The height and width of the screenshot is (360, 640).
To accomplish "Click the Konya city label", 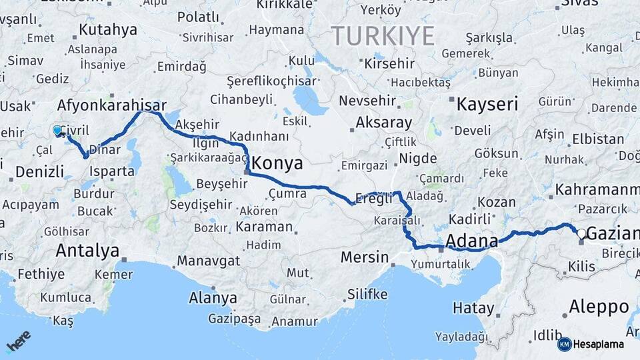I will pos(278,163).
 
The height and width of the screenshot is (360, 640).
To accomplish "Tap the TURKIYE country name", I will pos(383,35).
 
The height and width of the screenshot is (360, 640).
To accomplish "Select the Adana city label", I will pos(472,240).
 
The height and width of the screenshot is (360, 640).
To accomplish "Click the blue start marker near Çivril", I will pos(57,131).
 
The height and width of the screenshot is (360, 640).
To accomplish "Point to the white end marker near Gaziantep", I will pos(581,234).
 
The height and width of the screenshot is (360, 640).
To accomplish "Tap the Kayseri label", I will pos(487,103).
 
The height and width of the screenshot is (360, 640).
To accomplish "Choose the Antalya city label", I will pos(87,251).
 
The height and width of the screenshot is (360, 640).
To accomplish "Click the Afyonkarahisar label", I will pos(111,105).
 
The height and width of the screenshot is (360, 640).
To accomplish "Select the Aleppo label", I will pos(599,307).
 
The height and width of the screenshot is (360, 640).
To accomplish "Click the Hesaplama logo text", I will pos(599,345).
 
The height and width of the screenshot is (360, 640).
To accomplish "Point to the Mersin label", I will pos(364,257).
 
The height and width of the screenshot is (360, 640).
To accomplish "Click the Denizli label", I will pos(39,171).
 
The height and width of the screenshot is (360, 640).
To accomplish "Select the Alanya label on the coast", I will pos(213,297).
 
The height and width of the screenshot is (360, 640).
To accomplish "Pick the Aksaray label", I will pos(383,123).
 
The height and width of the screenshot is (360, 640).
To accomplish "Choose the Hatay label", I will pos(473,309).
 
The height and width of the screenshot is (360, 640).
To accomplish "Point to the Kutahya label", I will pos(107,29).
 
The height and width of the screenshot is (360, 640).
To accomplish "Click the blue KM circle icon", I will pos(565,345).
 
